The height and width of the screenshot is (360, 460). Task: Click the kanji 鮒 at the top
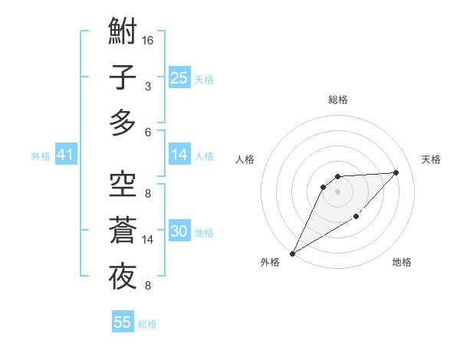[123, 32]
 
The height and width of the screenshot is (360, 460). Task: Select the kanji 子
[123, 77]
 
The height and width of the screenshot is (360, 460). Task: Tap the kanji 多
[123, 123]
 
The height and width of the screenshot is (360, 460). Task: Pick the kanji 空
[123, 184]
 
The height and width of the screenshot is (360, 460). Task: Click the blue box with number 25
[179, 77]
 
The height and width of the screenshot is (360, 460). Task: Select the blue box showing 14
[179, 155]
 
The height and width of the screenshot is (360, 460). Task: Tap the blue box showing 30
[179, 231]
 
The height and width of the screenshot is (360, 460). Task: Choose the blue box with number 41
[65, 155]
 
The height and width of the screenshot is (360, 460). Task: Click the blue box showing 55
[123, 322]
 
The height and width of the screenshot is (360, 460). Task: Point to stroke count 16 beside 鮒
[149, 40]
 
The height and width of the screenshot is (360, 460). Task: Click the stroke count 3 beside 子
[148, 86]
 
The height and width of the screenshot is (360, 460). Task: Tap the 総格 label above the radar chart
[338, 100]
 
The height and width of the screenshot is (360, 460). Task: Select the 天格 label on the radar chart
[432, 159]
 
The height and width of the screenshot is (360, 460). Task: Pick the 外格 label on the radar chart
[270, 262]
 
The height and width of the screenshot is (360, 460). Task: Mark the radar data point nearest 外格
[292, 254]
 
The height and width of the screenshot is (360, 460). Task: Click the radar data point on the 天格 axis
[396, 172]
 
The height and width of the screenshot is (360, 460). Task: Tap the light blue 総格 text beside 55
[147, 324]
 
